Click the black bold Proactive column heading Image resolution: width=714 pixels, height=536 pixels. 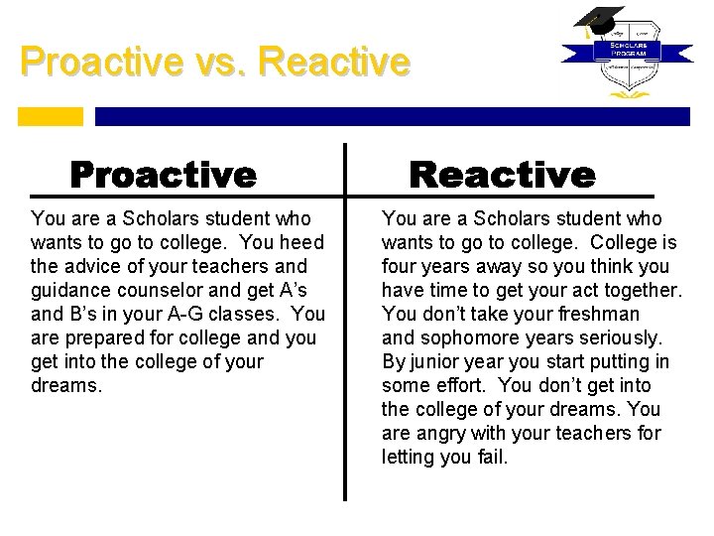(163, 175)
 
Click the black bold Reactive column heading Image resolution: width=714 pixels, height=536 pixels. (503, 175)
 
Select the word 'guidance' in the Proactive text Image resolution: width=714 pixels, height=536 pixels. (68, 290)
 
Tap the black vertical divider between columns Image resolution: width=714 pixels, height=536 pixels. (345, 328)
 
